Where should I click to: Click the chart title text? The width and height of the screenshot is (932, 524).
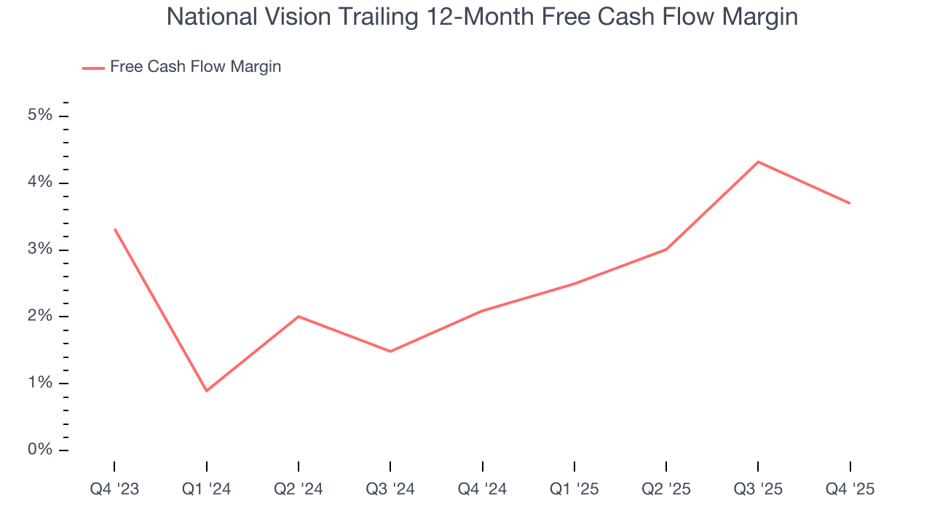click(x=482, y=17)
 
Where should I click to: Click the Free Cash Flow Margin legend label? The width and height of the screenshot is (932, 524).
click(x=195, y=67)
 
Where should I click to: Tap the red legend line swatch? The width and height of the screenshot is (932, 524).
click(x=93, y=68)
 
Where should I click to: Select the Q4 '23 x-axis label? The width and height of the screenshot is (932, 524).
click(x=114, y=490)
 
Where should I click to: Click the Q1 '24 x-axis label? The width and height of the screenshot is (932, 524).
click(x=207, y=490)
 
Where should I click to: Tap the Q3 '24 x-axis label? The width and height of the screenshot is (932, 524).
click(x=390, y=490)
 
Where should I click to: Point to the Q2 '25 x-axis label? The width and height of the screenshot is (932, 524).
click(x=666, y=490)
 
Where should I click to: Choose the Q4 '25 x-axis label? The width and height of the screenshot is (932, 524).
click(x=850, y=490)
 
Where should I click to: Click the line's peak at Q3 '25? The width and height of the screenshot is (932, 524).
click(x=758, y=162)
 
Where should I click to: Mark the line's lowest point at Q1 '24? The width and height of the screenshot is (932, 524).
click(x=207, y=391)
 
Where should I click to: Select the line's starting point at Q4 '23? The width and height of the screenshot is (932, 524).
click(x=114, y=229)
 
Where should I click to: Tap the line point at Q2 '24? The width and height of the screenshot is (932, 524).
click(x=299, y=317)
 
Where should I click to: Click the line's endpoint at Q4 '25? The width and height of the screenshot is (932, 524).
click(x=850, y=203)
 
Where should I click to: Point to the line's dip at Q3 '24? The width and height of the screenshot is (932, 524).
click(x=390, y=352)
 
